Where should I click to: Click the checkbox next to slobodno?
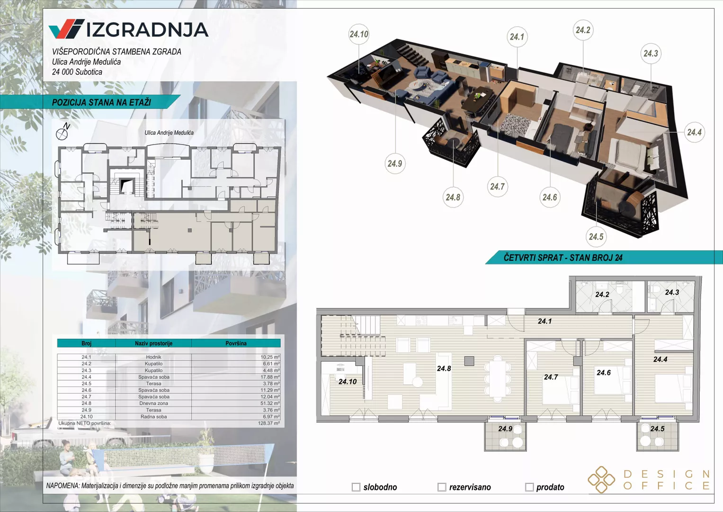[356, 487]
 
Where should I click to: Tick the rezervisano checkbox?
[442, 487]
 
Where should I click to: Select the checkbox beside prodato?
[529, 487]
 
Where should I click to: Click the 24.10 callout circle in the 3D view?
[359, 34]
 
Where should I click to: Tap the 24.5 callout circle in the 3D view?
[596, 237]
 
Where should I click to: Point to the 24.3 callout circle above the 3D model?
[651, 53]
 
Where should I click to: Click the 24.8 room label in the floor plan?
[444, 368]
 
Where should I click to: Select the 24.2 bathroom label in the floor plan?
[602, 294]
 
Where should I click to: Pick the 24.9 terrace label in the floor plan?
[505, 429]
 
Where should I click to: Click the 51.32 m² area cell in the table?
[270, 403]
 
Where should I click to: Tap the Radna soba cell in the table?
[153, 417]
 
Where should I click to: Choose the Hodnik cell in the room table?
[153, 357]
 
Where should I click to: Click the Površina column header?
[236, 343]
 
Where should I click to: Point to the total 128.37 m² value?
[269, 423]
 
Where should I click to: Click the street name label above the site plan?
[169, 133]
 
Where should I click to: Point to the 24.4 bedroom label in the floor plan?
[661, 359]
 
